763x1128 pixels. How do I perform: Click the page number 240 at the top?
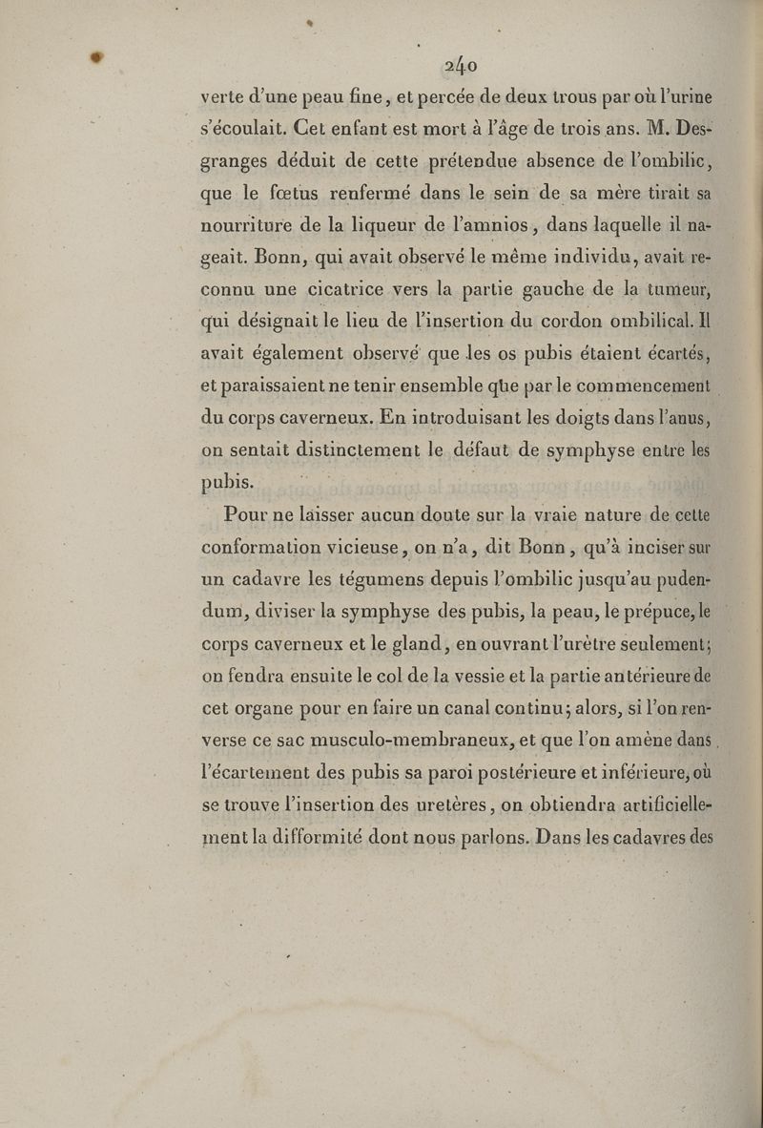460,65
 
